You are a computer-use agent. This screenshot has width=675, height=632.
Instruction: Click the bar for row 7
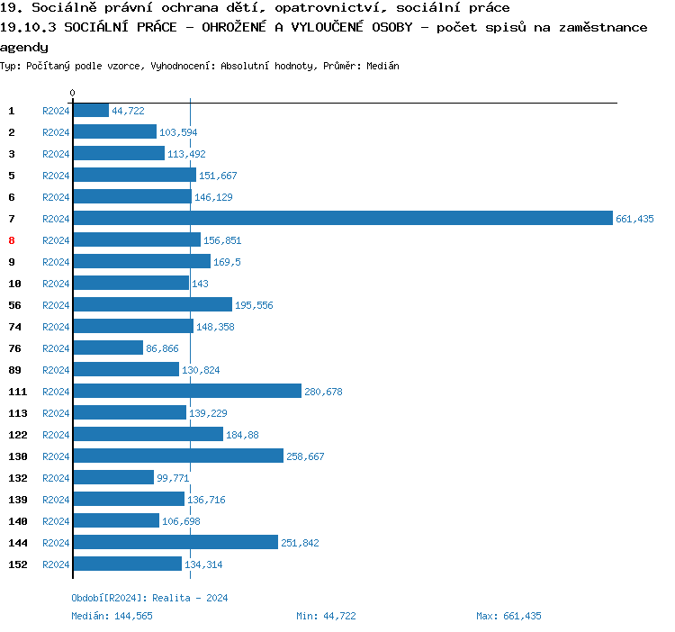coord(342,219)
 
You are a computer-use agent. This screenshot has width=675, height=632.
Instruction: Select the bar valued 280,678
coord(187,392)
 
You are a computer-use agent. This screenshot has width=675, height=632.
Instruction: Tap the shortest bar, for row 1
coord(91,111)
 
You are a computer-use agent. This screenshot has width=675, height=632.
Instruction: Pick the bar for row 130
coord(178,456)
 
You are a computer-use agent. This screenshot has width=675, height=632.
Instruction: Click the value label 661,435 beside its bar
coord(634,219)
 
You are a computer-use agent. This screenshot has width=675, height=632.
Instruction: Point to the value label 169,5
coord(227,262)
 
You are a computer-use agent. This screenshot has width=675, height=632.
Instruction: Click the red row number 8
coord(12,240)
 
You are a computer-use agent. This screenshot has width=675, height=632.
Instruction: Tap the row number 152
coord(18,564)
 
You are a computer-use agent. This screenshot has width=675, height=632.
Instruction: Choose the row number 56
coord(14,305)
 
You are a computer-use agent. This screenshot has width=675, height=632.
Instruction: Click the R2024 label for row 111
coord(56,392)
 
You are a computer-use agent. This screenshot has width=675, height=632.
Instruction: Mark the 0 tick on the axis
coord(72,93)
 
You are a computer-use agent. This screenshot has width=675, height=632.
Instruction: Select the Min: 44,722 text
coord(326,616)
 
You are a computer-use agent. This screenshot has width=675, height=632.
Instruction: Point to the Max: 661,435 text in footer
coord(508,616)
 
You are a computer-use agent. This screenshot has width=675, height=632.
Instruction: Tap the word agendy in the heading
coord(24,47)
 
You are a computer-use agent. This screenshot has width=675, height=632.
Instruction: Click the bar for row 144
coord(175,543)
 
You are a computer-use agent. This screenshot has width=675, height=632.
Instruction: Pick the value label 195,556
coord(254,305)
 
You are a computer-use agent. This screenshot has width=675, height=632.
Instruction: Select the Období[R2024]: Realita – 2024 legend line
coord(149,598)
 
